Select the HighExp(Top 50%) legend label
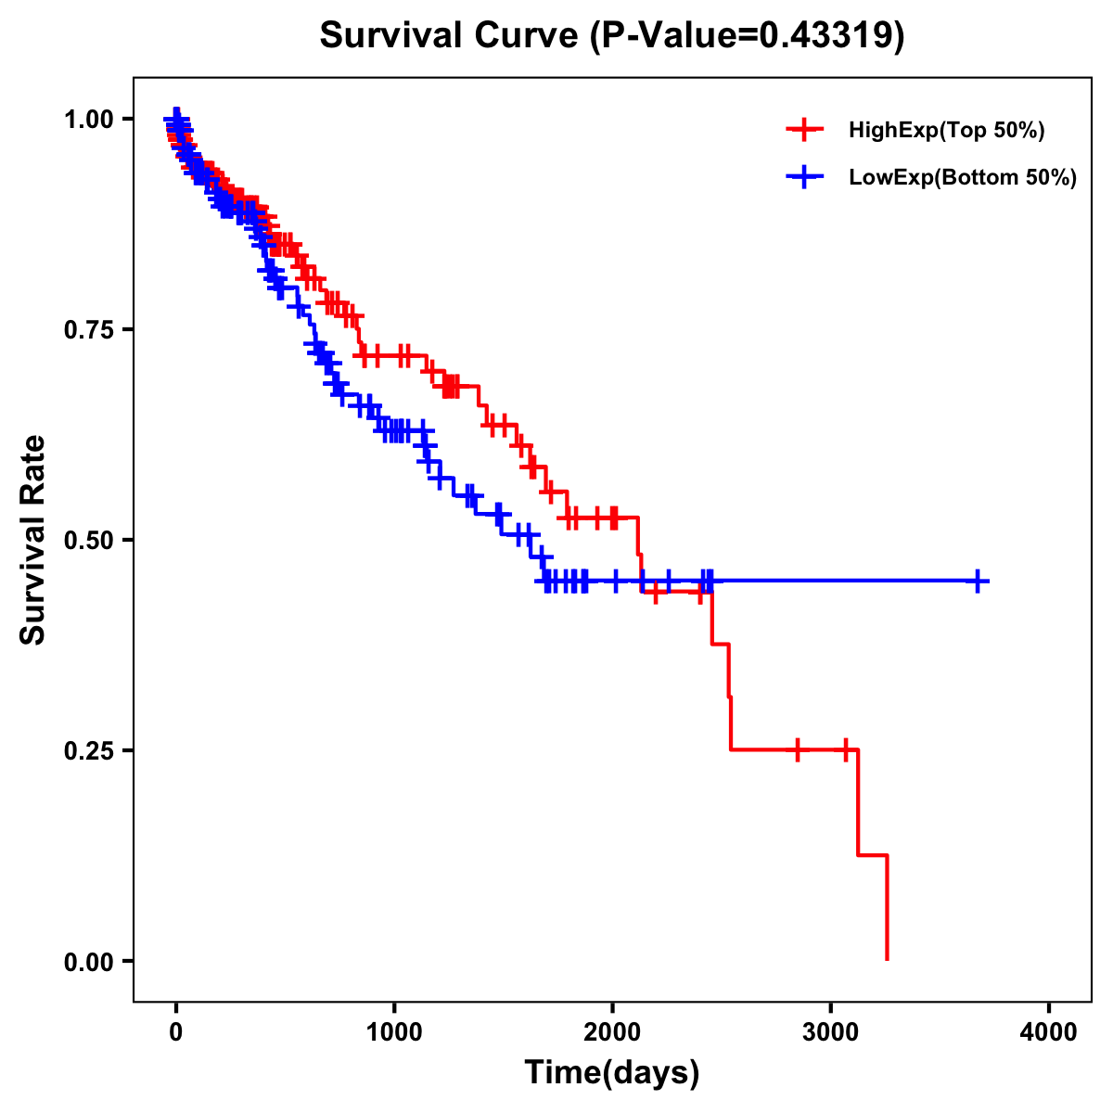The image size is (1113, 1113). point(946,131)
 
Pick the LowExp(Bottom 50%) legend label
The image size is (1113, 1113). point(963,177)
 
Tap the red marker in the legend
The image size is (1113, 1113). point(804,130)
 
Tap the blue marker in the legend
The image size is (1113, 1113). point(804,176)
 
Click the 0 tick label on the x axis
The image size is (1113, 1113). point(176,1032)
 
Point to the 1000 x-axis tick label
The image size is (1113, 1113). point(394,1032)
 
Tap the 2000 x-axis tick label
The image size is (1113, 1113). point(612,1032)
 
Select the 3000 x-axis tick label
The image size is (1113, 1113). point(831,1032)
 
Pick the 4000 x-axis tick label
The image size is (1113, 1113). point(1049,1032)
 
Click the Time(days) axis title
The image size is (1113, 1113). point(612,1073)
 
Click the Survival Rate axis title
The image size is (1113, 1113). point(33,540)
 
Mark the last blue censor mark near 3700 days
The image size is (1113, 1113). point(978,582)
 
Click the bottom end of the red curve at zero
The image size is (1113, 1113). point(888,958)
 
